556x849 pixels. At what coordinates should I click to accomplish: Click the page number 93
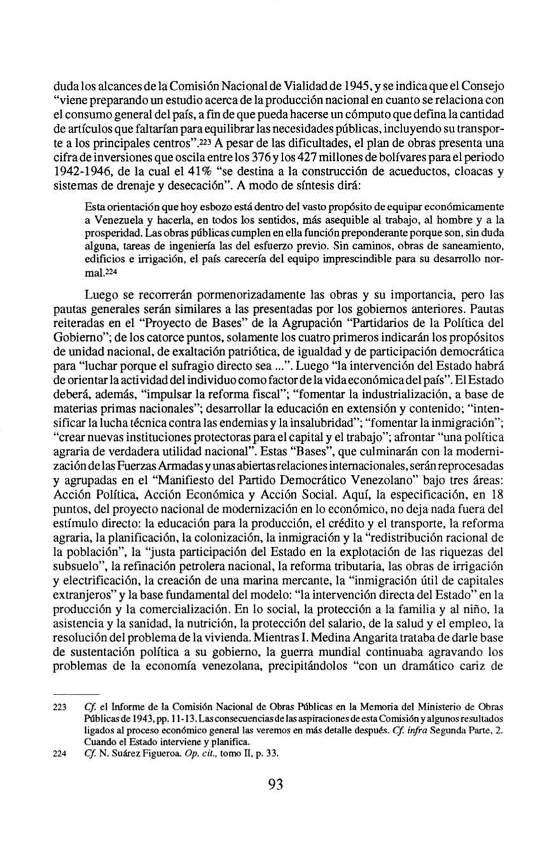(x=275, y=783)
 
